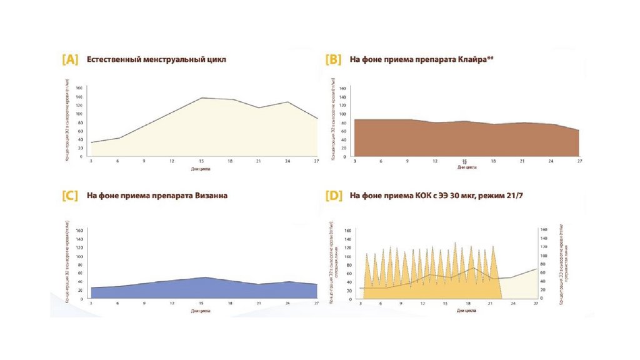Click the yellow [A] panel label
[70, 60]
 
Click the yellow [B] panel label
[333, 60]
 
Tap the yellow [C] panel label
[70, 196]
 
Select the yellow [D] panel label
[333, 196]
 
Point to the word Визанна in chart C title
[210, 196]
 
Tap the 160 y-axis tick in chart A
[79, 88]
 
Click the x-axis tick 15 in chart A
[201, 162]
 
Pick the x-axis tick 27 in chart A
[317, 162]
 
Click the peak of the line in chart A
[202, 98]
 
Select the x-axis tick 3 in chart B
[355, 161]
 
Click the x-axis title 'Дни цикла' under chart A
[201, 168]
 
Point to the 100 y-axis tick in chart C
[79, 256]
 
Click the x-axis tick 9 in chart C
[144, 304]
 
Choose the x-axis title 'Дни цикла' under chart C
[201, 310]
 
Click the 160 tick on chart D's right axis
[543, 230]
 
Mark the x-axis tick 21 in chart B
[522, 161]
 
